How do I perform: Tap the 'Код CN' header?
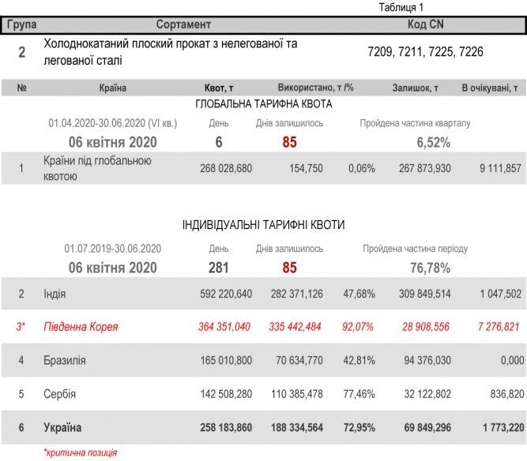(425, 24)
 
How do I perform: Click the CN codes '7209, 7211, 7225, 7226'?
(425, 53)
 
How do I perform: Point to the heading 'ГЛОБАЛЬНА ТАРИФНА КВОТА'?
(263, 104)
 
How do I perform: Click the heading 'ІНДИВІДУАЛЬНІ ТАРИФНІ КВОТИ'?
(263, 225)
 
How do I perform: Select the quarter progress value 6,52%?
(433, 142)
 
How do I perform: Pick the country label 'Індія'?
(55, 294)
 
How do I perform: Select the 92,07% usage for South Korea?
(359, 326)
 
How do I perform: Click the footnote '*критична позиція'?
(80, 452)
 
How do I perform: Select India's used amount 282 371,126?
(294, 294)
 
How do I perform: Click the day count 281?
(218, 268)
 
